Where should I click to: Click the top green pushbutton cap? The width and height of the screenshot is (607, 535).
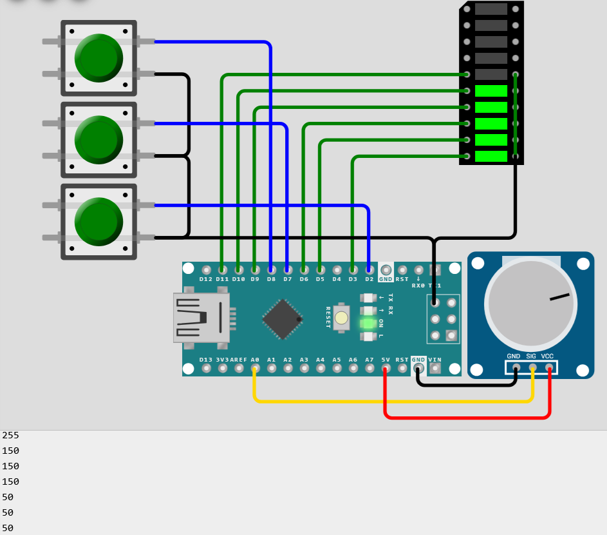click(x=98, y=57)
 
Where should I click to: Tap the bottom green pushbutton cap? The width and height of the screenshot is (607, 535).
click(x=98, y=221)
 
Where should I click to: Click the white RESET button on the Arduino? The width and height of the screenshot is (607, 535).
click(x=341, y=317)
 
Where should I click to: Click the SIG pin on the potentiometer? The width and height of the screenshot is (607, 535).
click(x=532, y=368)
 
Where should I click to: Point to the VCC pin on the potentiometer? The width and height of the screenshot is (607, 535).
click(x=549, y=368)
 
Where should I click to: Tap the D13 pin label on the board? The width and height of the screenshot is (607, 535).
click(x=206, y=360)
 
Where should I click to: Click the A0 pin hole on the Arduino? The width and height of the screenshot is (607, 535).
click(x=256, y=369)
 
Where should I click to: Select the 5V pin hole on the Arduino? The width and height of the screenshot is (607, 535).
click(x=386, y=369)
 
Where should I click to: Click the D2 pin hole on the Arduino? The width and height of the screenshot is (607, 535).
click(x=369, y=269)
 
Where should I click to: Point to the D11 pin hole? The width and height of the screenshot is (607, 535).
click(x=222, y=269)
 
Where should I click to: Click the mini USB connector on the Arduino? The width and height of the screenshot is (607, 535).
click(x=200, y=317)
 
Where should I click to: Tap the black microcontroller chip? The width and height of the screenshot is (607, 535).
click(x=282, y=319)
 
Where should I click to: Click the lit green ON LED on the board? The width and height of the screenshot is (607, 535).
click(x=368, y=323)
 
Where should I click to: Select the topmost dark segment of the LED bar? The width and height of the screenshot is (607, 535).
click(x=491, y=9)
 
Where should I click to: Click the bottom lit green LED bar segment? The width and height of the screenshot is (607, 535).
click(x=491, y=156)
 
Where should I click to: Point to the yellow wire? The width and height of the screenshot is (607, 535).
click(x=393, y=401)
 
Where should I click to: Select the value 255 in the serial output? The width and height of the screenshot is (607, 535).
click(x=11, y=435)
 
